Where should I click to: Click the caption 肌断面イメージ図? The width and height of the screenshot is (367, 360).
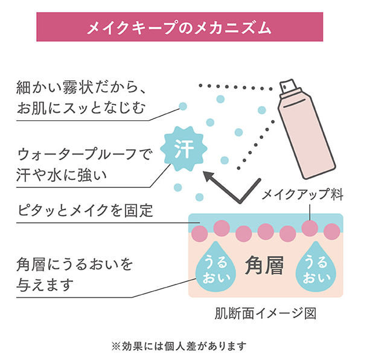[x=266, y=313]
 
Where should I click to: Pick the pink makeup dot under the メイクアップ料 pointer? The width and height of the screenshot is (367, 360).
[x=310, y=228]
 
